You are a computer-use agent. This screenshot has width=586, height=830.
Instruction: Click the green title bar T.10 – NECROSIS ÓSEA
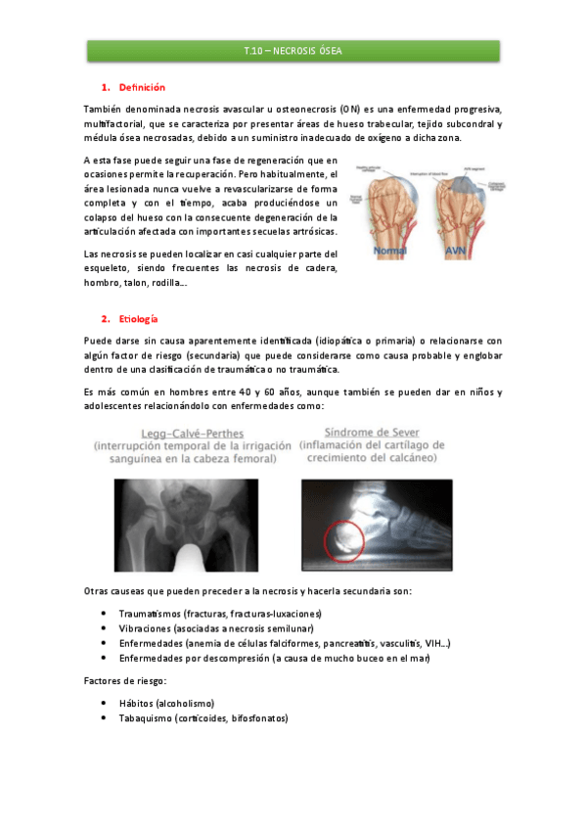[293, 51]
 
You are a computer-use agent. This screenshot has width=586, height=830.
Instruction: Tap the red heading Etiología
[139, 319]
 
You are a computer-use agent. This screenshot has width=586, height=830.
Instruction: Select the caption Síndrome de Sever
[378, 434]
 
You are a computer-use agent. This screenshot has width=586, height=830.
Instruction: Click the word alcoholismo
[183, 703]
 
